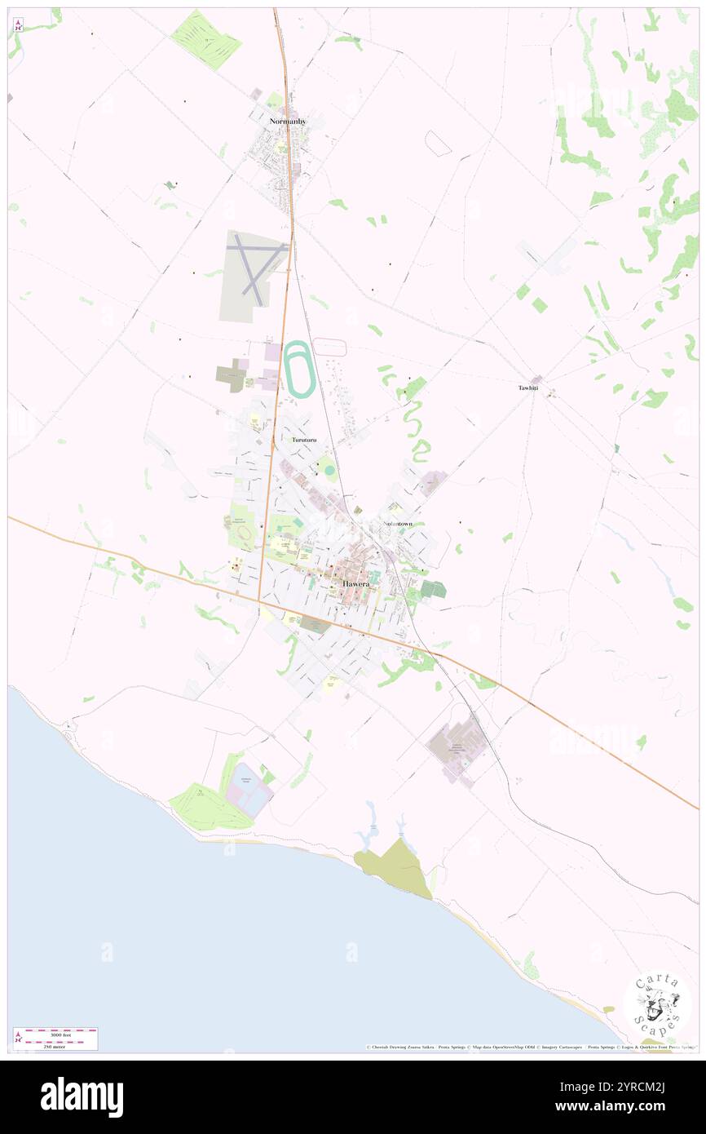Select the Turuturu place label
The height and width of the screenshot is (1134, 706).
(x=304, y=440)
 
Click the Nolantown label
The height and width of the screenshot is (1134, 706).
(x=398, y=523)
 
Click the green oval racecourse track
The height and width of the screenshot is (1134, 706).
(x=298, y=370)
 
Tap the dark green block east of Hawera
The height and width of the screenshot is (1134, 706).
(x=433, y=589)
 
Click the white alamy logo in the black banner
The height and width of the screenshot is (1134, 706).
(x=82, y=1096)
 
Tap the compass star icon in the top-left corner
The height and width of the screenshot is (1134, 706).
(x=18, y=25)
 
